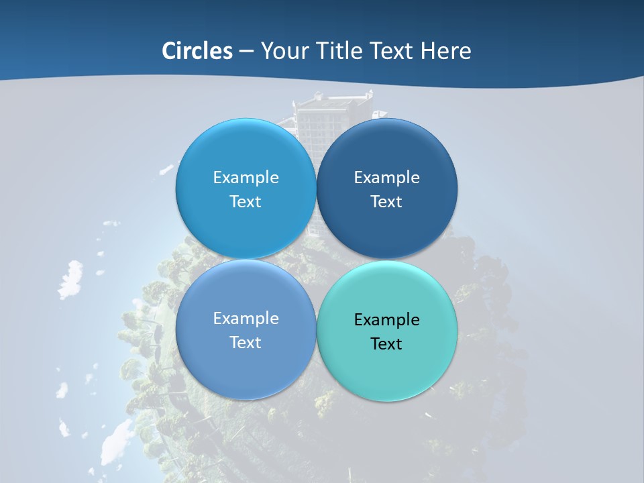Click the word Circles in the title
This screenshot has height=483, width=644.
point(197,51)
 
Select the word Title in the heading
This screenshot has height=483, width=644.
point(341,51)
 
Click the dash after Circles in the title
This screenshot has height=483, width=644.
point(246,52)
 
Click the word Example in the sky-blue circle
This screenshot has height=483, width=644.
point(246,177)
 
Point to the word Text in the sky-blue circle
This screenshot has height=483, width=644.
point(246,201)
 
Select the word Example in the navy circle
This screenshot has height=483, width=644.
point(386,177)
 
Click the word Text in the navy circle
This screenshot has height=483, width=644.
point(386,201)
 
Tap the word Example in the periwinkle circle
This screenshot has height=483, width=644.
point(246,318)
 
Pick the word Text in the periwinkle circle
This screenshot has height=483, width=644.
point(246,342)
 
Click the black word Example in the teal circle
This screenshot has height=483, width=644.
point(386,319)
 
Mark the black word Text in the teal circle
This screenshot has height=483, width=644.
point(386,343)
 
